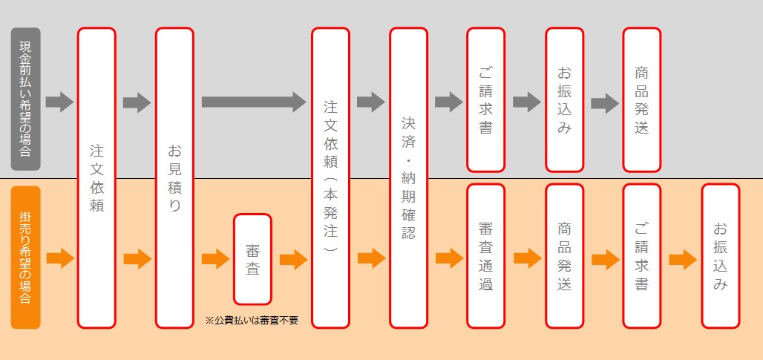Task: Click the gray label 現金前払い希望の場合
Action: point(26,99)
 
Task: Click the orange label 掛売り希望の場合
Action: point(26,258)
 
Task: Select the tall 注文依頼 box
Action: point(96,178)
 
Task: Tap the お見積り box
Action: point(174,178)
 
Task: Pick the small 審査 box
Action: point(252,259)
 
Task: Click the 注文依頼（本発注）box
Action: point(330,178)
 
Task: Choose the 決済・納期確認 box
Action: point(408,178)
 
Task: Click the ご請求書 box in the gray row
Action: point(485,99)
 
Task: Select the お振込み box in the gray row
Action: point(564,99)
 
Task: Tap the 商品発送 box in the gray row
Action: point(642,99)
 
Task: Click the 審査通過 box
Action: point(485,256)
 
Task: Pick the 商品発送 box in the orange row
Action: point(564,256)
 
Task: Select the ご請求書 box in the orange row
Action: point(642,256)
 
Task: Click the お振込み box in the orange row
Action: point(720,256)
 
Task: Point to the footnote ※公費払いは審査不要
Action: point(251,321)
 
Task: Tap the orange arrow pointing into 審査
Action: point(215,259)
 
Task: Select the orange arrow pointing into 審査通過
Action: point(449,259)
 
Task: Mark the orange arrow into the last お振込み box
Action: point(682,259)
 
